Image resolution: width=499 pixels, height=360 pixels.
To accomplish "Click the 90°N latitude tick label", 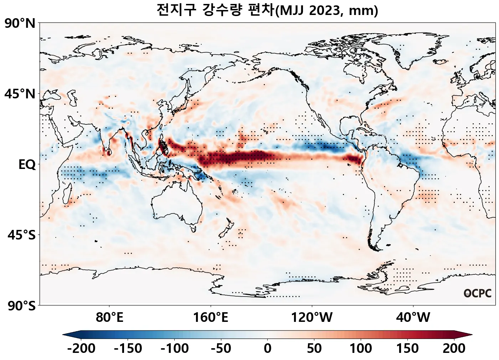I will click(20, 24).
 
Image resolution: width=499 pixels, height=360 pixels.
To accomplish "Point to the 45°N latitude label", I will click(20, 94).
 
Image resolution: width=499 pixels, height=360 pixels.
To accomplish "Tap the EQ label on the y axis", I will click(27, 165).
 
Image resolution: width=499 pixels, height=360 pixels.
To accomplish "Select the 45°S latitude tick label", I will click(21, 235).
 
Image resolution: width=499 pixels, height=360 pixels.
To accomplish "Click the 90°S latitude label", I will click(21, 306).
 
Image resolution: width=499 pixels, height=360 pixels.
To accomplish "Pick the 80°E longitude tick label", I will click(109, 317).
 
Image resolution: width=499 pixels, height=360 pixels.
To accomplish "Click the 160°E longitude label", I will click(211, 317).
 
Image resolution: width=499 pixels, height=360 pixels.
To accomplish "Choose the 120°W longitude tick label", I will click(312, 317).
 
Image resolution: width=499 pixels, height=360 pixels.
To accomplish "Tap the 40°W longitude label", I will click(413, 317).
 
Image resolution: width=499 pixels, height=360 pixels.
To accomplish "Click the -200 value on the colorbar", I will click(81, 348).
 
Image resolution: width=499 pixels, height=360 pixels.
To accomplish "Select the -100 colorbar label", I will click(175, 348).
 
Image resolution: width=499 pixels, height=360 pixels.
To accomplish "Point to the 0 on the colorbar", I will click(268, 348).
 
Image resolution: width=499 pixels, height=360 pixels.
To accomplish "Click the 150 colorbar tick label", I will click(407, 348).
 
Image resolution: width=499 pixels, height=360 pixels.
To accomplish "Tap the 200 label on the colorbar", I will click(454, 348).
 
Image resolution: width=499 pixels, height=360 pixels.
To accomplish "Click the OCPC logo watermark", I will click(478, 293).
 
